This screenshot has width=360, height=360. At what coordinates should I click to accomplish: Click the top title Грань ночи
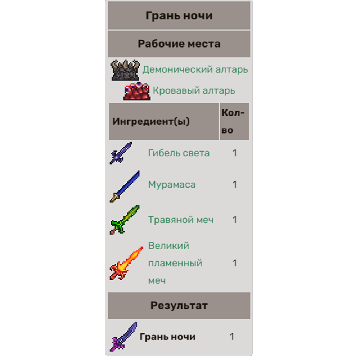179,16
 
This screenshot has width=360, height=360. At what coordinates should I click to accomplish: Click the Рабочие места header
179,44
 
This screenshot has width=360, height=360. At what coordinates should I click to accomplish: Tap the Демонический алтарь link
195,69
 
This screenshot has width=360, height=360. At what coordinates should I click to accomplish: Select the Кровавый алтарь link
194,90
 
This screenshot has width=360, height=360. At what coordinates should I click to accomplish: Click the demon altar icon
125,70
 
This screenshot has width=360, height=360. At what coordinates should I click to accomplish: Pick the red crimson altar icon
136,91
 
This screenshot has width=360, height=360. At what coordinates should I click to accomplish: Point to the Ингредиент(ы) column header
151,121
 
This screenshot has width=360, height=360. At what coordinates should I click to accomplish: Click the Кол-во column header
233,121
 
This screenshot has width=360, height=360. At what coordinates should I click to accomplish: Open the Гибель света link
179,153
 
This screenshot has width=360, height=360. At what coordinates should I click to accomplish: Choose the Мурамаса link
172,185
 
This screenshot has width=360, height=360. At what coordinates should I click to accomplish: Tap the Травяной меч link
181,220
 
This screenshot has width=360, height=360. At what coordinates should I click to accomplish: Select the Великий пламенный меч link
175,263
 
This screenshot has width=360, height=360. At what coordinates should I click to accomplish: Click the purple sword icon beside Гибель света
121,153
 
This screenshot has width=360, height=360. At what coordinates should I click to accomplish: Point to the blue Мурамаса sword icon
125,186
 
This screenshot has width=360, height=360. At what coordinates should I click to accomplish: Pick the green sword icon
125,220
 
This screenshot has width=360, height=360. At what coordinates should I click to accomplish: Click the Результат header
179,306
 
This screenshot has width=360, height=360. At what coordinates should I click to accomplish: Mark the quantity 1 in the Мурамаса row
234,185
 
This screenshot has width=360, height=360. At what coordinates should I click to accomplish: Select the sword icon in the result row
123,337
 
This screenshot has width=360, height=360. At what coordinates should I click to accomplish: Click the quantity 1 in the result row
232,337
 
